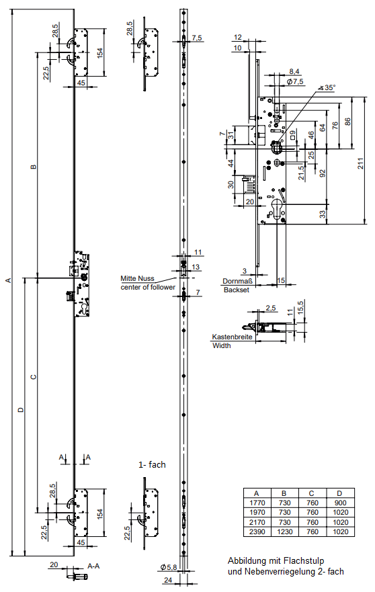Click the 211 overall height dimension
click(x=361, y=163)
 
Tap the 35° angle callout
click(x=327, y=87)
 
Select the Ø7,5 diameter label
click(x=294, y=81)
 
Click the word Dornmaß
click(x=237, y=281)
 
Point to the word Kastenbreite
click(x=232, y=337)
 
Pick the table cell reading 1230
click(x=284, y=532)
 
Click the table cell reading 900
click(x=340, y=503)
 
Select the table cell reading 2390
click(x=257, y=532)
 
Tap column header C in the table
click(x=312, y=493)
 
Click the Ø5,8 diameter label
click(x=169, y=567)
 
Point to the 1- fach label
click(x=152, y=464)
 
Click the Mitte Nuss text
click(x=138, y=279)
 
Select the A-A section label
click(x=93, y=566)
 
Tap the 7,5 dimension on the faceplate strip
click(x=197, y=38)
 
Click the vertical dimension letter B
click(x=33, y=166)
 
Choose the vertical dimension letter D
click(x=21, y=409)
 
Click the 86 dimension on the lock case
click(x=348, y=121)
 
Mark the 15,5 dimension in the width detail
click(x=300, y=306)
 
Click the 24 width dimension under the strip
click(x=167, y=580)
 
